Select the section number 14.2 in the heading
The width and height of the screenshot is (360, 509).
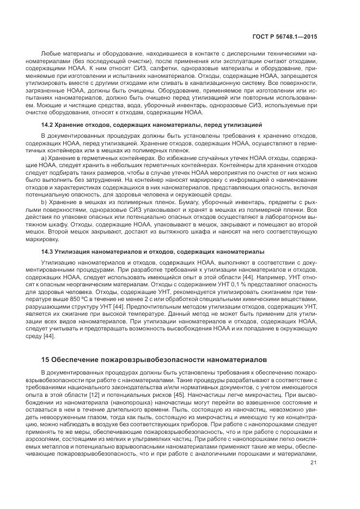tap(48, 125)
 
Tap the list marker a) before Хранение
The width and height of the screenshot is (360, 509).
tap(44, 157)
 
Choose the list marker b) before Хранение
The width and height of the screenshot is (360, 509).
tap(44, 202)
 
